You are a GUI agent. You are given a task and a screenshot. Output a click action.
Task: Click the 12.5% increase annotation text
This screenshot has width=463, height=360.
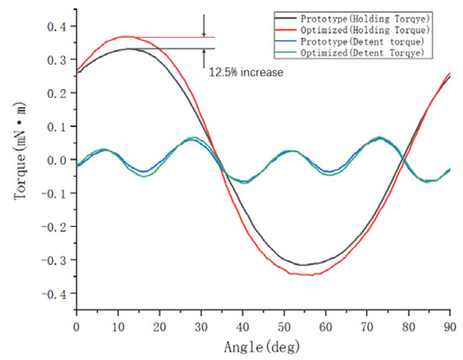246,72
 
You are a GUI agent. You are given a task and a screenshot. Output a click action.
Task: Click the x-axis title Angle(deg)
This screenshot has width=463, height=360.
263,347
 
